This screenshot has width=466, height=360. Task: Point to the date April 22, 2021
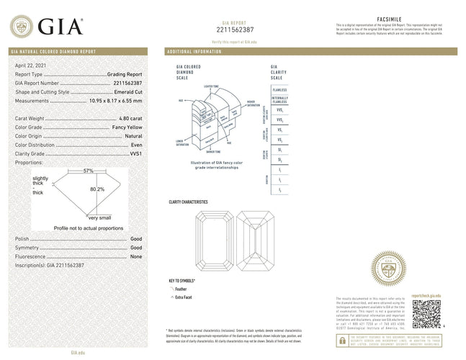coord(30,66)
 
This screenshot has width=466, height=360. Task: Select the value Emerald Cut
coord(127,92)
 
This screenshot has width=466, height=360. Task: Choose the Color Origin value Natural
coord(130,136)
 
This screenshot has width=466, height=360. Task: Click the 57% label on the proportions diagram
coord(89,171)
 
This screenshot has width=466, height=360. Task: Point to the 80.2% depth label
coord(97,189)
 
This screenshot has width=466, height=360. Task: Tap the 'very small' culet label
coord(99,217)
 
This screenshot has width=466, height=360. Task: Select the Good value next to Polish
coord(135,238)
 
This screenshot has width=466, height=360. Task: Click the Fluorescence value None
coord(135,256)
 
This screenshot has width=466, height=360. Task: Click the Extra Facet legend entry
coord(184,296)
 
